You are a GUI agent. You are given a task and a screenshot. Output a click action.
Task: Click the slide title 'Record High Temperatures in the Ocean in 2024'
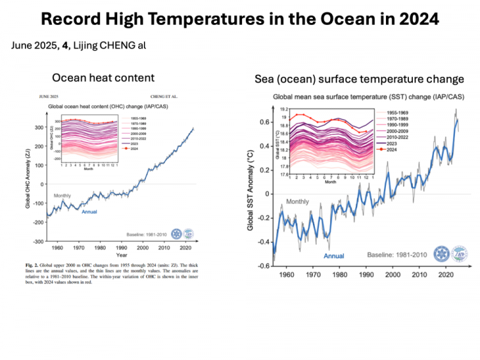click(240, 19)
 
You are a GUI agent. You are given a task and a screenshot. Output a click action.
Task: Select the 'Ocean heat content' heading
click(103, 78)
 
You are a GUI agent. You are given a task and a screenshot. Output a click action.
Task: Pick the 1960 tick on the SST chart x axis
click(285, 274)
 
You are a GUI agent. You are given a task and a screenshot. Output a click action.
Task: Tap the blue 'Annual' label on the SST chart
click(333, 256)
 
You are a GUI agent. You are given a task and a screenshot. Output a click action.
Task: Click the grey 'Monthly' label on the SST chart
click(297, 201)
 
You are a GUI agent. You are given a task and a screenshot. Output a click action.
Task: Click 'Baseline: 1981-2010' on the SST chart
click(397, 254)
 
